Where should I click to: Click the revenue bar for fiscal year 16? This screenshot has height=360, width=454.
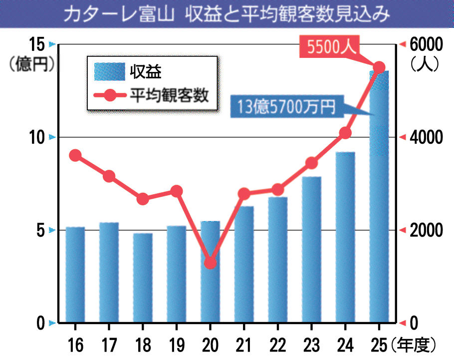click(x=75, y=275)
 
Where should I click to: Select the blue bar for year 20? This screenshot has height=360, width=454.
click(x=210, y=295)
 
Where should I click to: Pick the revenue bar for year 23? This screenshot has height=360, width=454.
click(x=311, y=250)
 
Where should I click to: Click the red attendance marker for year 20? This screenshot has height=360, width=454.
click(x=211, y=263)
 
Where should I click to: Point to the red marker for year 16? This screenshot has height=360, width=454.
click(x=75, y=155)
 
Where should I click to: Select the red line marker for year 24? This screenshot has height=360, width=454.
click(x=345, y=133)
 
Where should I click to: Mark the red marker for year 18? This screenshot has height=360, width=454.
click(x=143, y=199)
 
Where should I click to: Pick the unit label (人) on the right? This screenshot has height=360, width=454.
click(x=425, y=65)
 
